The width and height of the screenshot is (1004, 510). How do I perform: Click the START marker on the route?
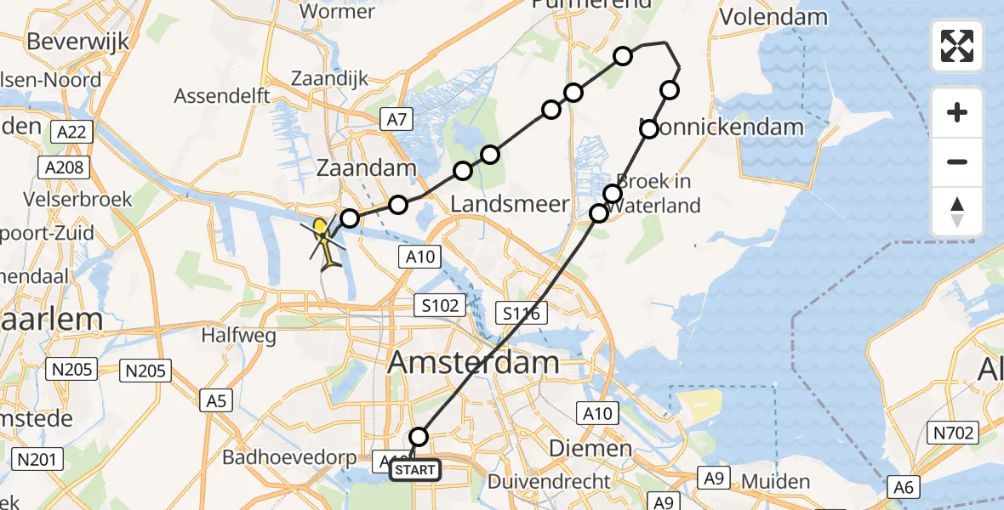(415, 469)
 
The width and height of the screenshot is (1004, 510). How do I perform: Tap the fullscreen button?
(957, 46)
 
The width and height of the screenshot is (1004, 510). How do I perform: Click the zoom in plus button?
(957, 112)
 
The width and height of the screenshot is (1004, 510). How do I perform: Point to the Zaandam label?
(366, 167)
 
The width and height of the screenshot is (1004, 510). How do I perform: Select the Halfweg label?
(238, 336)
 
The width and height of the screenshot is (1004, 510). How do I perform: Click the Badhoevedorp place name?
(289, 457)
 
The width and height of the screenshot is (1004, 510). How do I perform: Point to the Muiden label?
(775, 482)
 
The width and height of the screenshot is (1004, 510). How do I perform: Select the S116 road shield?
(521, 314)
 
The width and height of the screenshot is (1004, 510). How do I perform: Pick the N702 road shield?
(958, 433)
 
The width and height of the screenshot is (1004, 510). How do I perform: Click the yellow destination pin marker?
(320, 228)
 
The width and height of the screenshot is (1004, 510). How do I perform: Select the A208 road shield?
(65, 167)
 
